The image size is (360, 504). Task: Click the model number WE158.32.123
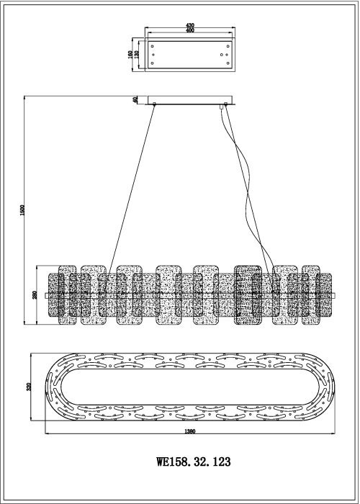pyautogui.click(x=194, y=462)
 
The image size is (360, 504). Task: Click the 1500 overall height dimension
pyautogui.click(x=22, y=210)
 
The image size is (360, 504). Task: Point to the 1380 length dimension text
pyautogui.click(x=190, y=431)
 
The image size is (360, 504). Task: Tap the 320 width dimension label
pyautogui.click(x=29, y=387)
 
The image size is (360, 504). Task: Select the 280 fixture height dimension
pyautogui.click(x=35, y=294)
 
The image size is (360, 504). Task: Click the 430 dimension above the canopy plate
pyautogui.click(x=190, y=25)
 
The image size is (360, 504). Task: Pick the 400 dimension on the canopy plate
pyautogui.click(x=190, y=30)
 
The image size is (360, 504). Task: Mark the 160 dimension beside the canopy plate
pyautogui.click(x=130, y=54)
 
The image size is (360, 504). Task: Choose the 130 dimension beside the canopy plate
pyautogui.click(x=136, y=54)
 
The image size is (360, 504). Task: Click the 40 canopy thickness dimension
pyautogui.click(x=135, y=99)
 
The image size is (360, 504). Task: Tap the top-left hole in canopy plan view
pyautogui.click(x=152, y=46)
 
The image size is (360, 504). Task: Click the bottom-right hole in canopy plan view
pyautogui.click(x=228, y=63)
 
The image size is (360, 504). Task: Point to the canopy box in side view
pyautogui.click(x=189, y=100)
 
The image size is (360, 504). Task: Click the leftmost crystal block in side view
pyautogui.click(x=68, y=294)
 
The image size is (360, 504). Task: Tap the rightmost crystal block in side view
pyautogui.click(x=310, y=294)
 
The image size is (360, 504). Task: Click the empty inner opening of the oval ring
pyautogui.click(x=190, y=387)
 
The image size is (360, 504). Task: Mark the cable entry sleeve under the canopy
pyautogui.click(x=222, y=107)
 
